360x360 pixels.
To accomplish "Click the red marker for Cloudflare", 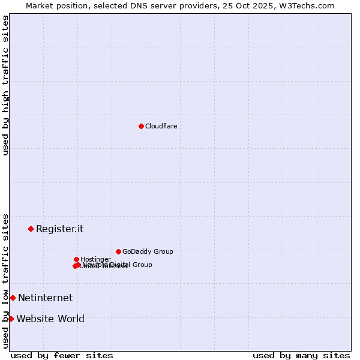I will tap(141, 126).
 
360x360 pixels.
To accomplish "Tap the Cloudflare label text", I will tap(161, 126).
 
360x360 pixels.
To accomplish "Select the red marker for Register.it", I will tap(31, 229).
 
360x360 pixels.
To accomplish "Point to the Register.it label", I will tap(59, 229).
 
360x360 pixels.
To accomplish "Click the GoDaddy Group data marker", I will tap(118, 251).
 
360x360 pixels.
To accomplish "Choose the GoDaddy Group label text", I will tap(148, 251).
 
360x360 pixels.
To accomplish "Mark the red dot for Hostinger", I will tap(76, 259).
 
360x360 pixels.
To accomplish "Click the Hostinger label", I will tap(95, 259).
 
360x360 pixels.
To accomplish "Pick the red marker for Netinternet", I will tap(13, 298).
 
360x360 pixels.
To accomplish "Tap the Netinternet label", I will tap(45, 298).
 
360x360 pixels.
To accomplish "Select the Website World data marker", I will tap(11, 319).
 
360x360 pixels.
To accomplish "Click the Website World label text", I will tap(50, 319).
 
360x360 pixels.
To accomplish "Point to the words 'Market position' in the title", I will tap(53, 5).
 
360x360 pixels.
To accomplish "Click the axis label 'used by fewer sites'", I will tap(62, 355).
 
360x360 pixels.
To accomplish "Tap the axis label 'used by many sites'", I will tap(301, 355).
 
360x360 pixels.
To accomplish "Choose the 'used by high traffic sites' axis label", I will tap(5, 85).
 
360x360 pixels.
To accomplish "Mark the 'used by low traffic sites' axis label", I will tap(5, 280).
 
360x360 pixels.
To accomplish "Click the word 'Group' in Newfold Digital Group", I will tap(142, 265).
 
